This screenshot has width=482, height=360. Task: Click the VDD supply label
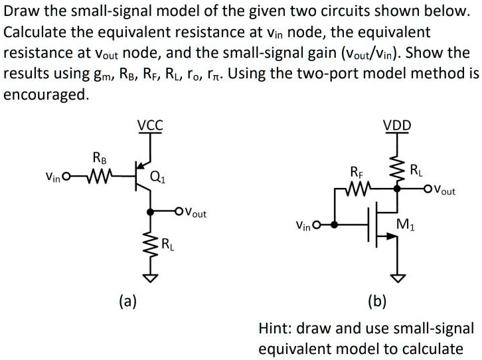[x=397, y=125]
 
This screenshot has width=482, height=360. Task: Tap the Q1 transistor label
[x=159, y=177]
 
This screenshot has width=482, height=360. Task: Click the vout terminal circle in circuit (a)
[x=179, y=212]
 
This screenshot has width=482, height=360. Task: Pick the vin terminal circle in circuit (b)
[x=317, y=225]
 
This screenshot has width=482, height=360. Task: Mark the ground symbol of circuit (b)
[x=398, y=278]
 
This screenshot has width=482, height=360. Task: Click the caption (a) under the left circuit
[x=127, y=302]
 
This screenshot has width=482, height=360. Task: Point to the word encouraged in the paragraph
[x=44, y=94]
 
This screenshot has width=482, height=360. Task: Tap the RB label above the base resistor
[x=98, y=158]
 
